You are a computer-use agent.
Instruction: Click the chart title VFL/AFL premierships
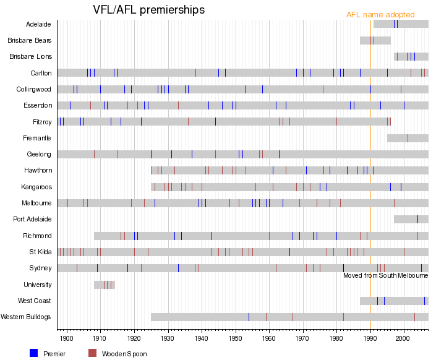coord(148,10)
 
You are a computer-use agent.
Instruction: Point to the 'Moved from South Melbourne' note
coord(385,275)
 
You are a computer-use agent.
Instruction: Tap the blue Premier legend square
coord(33,353)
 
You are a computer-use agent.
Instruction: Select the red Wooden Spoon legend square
coord(92,353)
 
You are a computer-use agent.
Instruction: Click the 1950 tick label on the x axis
coord(235,339)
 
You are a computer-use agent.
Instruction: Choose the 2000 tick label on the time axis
coord(404,339)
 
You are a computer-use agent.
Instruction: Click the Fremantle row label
coord(38,137)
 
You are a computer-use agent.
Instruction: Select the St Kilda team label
coord(40,252)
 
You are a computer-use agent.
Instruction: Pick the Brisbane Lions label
coord(30,56)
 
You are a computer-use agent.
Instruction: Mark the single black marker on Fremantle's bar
coord(408,138)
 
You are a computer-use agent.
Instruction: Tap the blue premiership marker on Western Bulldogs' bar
coord(249,317)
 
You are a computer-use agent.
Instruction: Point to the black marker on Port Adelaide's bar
coord(417,219)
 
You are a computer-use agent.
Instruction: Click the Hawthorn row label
coord(38,170)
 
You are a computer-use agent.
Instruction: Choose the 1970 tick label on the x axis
coord(302,339)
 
